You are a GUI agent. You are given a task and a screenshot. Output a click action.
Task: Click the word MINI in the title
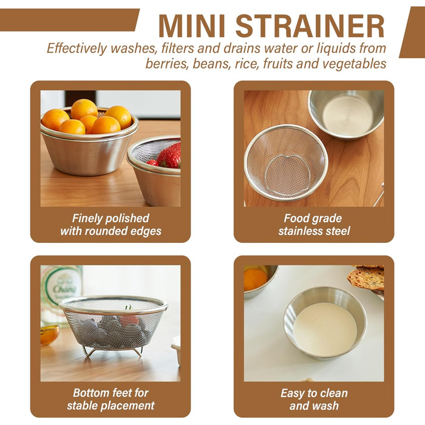(192, 26)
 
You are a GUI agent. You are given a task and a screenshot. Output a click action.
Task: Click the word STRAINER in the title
(310, 26)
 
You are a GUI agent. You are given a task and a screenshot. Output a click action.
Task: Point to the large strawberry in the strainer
(169, 155)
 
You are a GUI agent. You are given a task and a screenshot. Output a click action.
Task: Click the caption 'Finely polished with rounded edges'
(110, 225)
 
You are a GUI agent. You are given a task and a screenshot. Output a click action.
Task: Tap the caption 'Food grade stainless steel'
(314, 225)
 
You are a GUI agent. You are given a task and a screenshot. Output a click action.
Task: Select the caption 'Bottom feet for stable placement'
(110, 399)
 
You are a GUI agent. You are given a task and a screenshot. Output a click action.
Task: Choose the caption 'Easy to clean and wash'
(314, 399)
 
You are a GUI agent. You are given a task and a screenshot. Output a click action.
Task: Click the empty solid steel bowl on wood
(346, 114)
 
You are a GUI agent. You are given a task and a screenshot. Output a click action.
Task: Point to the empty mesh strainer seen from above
(286, 163)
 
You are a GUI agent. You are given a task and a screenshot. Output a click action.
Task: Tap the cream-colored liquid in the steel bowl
(325, 329)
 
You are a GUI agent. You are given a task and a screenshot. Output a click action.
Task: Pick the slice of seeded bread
(366, 278)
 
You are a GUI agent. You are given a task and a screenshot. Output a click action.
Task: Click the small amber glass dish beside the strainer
(49, 335)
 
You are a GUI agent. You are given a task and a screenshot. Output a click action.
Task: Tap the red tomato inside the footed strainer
(129, 320)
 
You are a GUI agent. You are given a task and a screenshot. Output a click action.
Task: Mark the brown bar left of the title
(69, 20)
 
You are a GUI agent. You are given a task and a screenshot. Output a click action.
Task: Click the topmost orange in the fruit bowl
(84, 109)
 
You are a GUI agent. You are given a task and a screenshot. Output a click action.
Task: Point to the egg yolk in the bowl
(255, 279)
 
